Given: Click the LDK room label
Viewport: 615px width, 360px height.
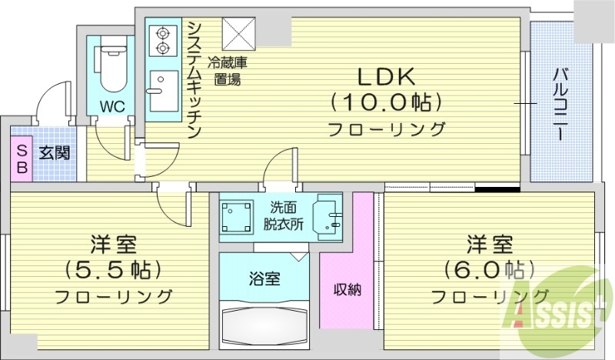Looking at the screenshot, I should [x=386, y=77].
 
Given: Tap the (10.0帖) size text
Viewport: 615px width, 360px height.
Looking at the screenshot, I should [x=386, y=102].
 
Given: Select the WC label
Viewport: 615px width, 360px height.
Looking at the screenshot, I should [x=109, y=104].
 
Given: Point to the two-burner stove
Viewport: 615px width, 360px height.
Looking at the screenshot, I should [x=163, y=42].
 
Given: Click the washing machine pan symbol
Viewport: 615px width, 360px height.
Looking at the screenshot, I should [x=238, y=217].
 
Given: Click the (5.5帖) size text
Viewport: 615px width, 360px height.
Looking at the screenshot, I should [x=114, y=271].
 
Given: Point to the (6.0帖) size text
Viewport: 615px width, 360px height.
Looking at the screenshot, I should [x=489, y=271].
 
